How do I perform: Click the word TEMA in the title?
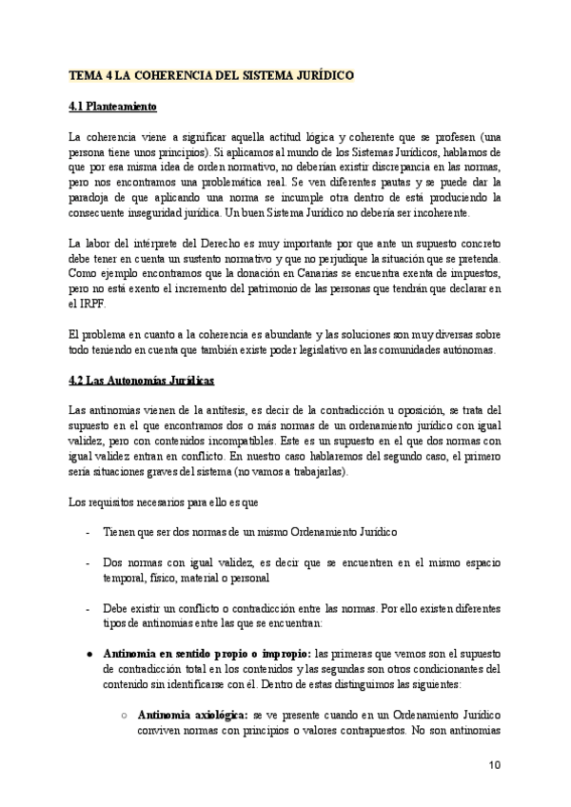[85, 75]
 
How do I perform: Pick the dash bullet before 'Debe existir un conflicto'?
[89, 607]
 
